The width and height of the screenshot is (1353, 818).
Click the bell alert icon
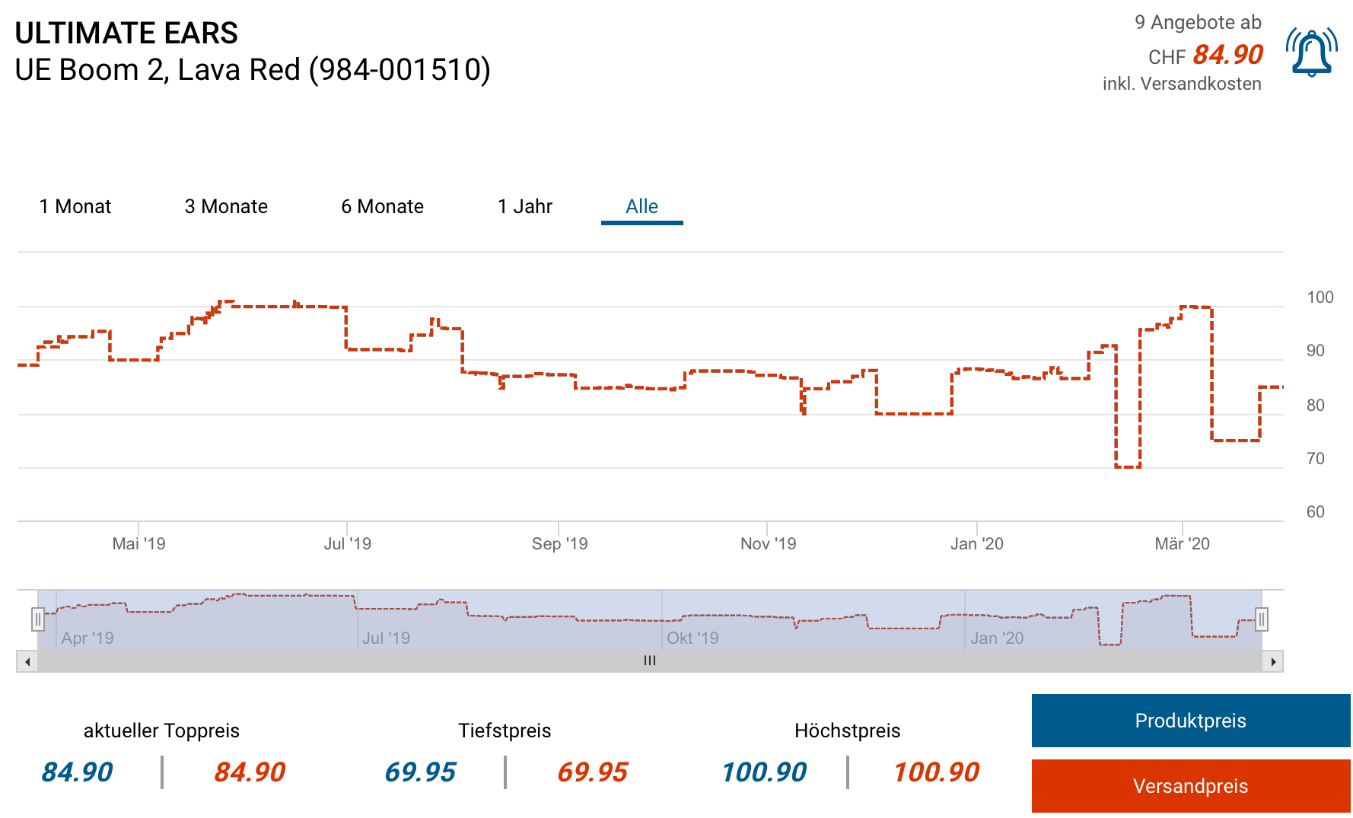click(1311, 53)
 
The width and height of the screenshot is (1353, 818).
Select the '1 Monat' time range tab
click(75, 206)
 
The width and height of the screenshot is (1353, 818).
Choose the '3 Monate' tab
click(226, 206)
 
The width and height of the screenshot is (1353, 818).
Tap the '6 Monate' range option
click(382, 206)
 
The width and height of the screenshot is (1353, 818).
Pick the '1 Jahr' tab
click(524, 206)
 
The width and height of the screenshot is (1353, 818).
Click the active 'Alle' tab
click(641, 206)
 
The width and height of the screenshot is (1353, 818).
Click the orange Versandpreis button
click(1190, 785)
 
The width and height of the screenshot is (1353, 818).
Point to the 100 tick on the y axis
click(1320, 298)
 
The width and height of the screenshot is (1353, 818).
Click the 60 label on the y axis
click(1315, 511)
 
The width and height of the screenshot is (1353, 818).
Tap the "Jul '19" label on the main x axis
click(347, 543)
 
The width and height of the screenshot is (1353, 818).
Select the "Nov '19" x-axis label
click(768, 543)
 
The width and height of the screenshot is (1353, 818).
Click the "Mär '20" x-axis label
click(1182, 543)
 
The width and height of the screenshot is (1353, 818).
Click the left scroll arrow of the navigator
click(27, 661)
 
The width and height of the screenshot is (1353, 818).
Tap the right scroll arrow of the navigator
click(1273, 661)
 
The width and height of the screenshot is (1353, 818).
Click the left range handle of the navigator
click(38, 619)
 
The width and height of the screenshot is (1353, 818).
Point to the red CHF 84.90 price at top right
click(1227, 55)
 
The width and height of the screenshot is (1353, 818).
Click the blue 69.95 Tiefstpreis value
click(420, 772)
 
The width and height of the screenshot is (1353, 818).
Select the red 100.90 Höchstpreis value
click(936, 772)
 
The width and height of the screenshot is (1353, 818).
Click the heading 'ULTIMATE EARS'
click(126, 33)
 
